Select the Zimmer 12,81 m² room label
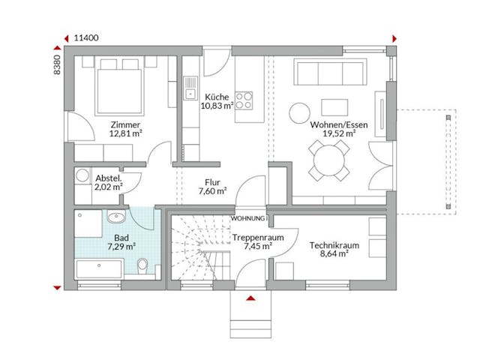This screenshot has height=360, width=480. pyautogui.click(x=125, y=129)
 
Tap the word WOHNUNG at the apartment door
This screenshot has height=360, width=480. pyautogui.click(x=247, y=218)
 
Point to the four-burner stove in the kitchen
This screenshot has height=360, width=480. pyautogui.click(x=244, y=100)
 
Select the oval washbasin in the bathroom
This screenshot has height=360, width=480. pyautogui.click(x=116, y=218)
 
